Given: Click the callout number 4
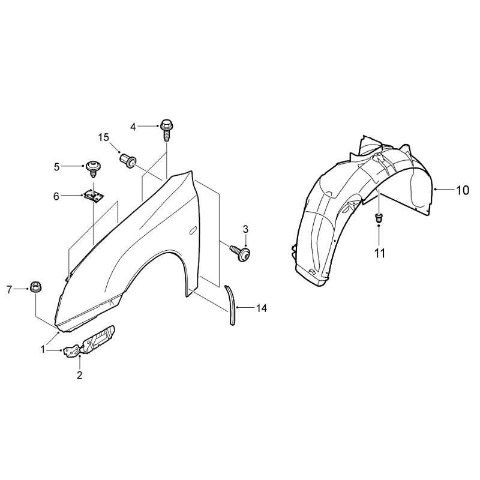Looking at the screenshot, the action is pyautogui.click(x=133, y=127).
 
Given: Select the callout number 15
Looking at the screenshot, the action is pyautogui.click(x=104, y=138).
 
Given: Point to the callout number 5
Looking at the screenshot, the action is pyautogui.click(x=56, y=167).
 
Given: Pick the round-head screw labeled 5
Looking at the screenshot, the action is pyautogui.click(x=93, y=169).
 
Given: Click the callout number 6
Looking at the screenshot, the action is pyautogui.click(x=56, y=196).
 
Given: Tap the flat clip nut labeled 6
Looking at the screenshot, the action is pyautogui.click(x=94, y=196).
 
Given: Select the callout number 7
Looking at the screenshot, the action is pyautogui.click(x=9, y=289).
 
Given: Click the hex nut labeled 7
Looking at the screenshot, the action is pyautogui.click(x=36, y=287).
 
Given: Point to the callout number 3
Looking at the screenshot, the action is pyautogui.click(x=245, y=229).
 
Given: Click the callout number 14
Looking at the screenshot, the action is pyautogui.click(x=262, y=308).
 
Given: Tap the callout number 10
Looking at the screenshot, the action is pyautogui.click(x=463, y=190).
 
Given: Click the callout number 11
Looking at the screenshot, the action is pyautogui.click(x=380, y=253).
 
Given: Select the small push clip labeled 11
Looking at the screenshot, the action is pyautogui.click(x=379, y=218).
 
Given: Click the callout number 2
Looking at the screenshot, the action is pyautogui.click(x=80, y=375).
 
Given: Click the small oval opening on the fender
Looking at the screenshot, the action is pyautogui.click(x=193, y=231).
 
